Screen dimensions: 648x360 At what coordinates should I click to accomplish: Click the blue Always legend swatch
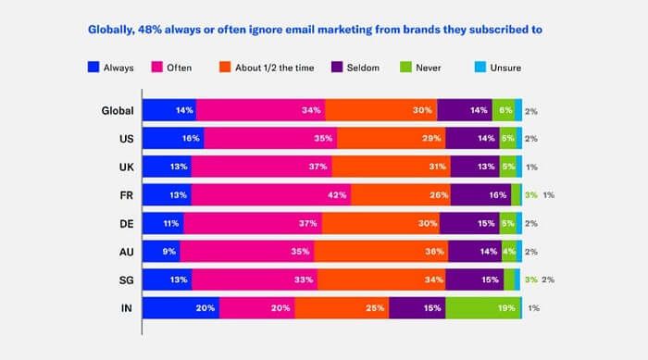93,67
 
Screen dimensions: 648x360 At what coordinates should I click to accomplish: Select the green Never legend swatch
405,67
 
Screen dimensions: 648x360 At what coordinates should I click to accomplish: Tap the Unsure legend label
505,68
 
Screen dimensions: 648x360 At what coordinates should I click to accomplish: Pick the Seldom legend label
363,68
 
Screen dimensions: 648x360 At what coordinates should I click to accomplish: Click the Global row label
118,111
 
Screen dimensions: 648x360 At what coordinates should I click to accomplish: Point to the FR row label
127,195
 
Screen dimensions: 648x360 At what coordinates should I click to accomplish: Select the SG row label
126,280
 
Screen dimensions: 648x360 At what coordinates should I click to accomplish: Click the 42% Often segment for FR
271,194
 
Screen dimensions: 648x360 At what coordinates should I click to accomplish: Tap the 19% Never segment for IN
483,308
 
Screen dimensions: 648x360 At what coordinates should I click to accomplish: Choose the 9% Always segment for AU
161,252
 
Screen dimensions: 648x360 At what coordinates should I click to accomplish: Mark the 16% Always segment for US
173,138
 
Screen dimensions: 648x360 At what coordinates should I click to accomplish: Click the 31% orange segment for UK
391,167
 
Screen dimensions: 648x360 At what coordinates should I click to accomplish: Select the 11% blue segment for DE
163,223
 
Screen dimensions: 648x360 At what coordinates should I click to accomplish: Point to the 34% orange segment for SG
381,279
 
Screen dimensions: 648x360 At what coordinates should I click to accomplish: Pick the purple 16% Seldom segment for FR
481,194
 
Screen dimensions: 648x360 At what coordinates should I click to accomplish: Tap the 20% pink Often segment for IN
257,308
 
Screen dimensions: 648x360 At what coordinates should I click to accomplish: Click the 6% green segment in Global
504,110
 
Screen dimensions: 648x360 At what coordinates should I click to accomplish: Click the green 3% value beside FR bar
531,195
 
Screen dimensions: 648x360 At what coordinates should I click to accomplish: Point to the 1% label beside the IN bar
533,308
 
